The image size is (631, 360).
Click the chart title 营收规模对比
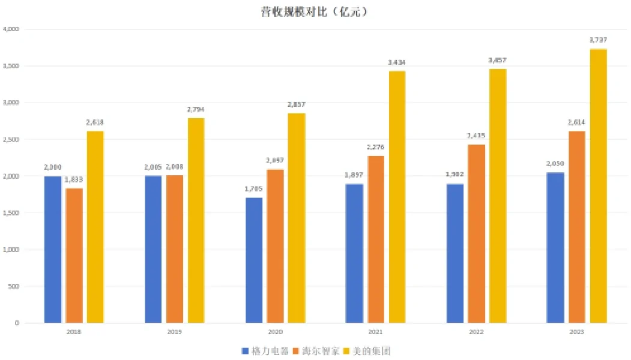(306, 11)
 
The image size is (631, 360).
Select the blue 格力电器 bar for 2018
(53, 250)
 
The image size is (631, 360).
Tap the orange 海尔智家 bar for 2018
(74, 256)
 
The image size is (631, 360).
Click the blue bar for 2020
(254, 260)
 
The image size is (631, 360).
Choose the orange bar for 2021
(376, 239)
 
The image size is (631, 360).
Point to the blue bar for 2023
(555, 248)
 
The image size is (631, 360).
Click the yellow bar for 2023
(599, 186)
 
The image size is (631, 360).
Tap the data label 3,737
(599, 40)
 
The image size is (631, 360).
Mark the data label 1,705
(254, 189)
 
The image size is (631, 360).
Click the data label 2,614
(576, 122)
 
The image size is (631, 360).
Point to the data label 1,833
(74, 179)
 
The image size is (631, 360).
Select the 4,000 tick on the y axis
(11, 29)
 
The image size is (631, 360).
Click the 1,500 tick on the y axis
(11, 213)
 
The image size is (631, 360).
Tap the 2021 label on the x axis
(376, 332)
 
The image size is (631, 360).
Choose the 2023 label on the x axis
(577, 332)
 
